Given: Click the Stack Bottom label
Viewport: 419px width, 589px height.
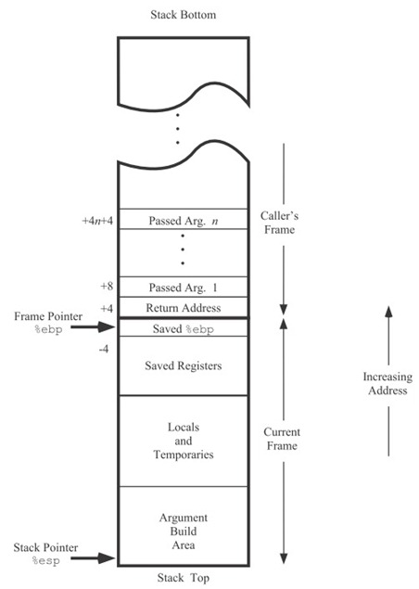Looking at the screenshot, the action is coord(184,15).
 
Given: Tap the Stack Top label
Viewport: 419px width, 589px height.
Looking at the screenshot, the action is coord(184,578).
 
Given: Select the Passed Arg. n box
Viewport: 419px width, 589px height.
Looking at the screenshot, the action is coord(184,219).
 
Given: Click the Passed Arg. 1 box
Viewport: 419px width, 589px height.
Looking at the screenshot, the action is coord(184,287).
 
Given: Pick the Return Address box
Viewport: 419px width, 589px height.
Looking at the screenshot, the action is coord(184,308).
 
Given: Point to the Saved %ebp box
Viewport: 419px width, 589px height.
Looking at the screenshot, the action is coord(184,327).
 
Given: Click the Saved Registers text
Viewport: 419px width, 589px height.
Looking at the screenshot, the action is coord(184,365).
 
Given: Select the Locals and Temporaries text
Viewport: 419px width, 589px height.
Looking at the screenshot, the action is coord(184,441).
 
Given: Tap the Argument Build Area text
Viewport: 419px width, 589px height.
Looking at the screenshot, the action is coord(184,531).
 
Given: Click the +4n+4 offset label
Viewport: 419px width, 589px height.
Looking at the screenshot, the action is coord(97,221).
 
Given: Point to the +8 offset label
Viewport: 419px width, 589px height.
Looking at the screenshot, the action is coord(107,287).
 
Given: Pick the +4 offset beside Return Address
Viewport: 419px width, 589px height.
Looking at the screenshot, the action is coord(107,308).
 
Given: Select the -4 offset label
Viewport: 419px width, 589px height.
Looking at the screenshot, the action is coord(104,349).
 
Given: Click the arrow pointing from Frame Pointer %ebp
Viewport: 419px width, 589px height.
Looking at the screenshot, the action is coord(93,327).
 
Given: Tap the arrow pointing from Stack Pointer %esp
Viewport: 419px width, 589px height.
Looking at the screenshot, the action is coord(93,557).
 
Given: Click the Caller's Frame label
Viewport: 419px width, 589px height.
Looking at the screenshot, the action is coord(279,223).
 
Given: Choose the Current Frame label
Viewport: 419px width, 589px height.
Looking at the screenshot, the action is coord(282,439).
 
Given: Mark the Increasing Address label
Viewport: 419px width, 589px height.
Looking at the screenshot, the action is coord(387,383).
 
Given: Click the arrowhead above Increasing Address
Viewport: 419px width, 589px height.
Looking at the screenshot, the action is coord(388,312).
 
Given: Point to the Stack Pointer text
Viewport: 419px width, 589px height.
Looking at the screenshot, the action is coord(45,547).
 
